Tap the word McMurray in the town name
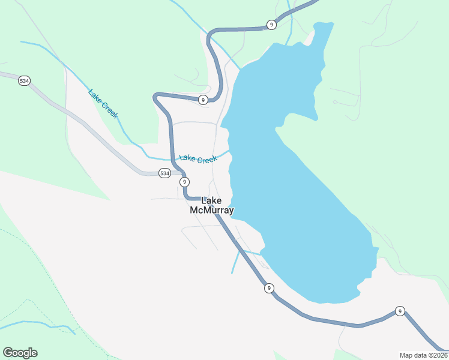pyautogui.click(x=211, y=211)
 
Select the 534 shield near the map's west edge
pyautogui.click(x=24, y=80)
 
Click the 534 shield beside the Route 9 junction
pyautogui.click(x=164, y=173)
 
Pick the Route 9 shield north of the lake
pyautogui.click(x=272, y=25)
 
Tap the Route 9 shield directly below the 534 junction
pyautogui.click(x=184, y=182)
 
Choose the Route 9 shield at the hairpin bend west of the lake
pyautogui.click(x=203, y=100)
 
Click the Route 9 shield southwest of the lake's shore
pyautogui.click(x=269, y=288)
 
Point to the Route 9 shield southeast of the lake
pyautogui.click(x=400, y=311)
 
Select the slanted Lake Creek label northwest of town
pyautogui.click(x=103, y=104)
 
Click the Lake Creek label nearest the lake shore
pyautogui.click(x=198, y=159)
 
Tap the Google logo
pyautogui.click(x=20, y=353)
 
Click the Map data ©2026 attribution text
pyautogui.click(x=423, y=355)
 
